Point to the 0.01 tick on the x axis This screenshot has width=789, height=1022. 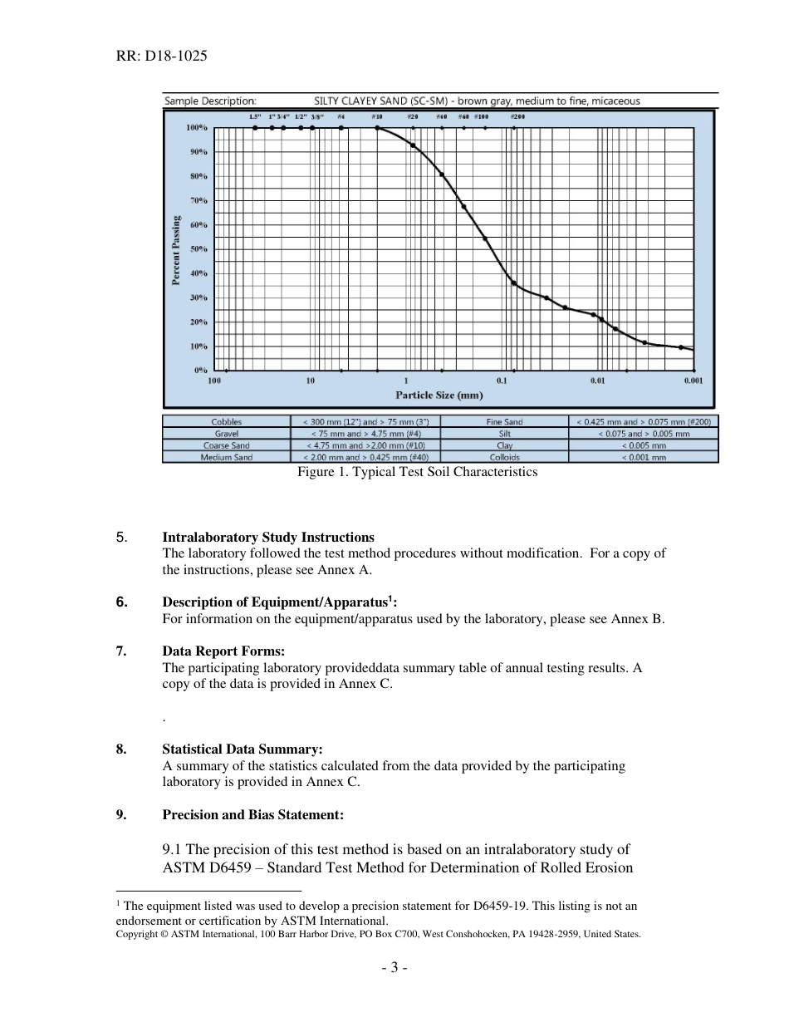(597, 381)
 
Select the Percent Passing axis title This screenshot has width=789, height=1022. (176, 250)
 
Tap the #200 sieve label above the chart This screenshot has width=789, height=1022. (517, 117)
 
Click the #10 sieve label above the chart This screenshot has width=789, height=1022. (376, 117)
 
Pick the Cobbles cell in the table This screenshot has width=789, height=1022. (227, 422)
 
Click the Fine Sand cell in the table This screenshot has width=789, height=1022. (504, 422)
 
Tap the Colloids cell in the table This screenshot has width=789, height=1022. (504, 457)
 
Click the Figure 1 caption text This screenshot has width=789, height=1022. (417, 472)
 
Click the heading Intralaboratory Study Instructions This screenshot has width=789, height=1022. (268, 538)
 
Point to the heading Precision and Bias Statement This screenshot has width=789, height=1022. (252, 815)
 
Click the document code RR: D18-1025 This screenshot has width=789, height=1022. (162, 57)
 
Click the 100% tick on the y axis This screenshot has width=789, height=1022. (196, 128)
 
